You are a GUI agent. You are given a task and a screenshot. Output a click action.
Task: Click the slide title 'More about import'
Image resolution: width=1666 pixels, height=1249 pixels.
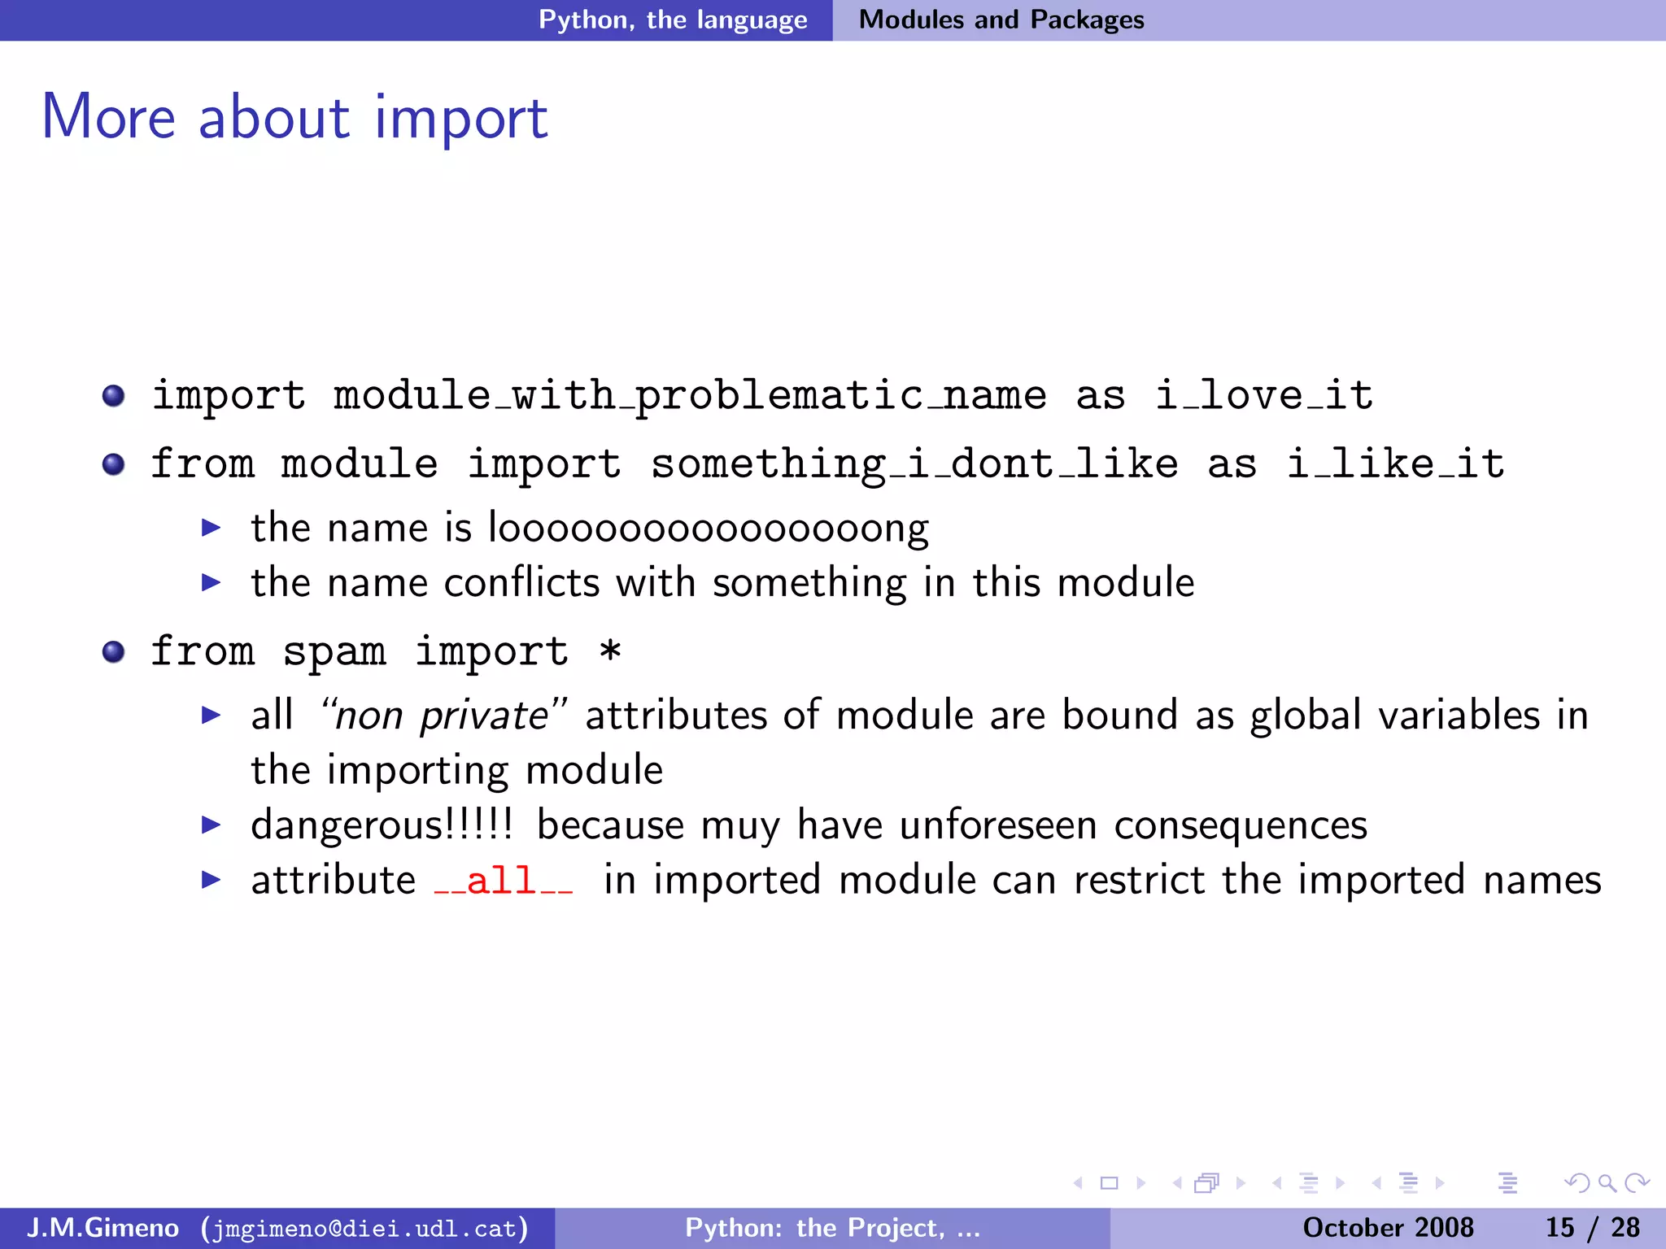[x=294, y=118]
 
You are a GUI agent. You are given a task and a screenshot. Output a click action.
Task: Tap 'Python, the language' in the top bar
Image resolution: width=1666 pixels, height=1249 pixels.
[x=673, y=20]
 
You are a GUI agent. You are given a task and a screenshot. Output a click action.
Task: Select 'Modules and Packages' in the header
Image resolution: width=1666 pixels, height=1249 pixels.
[x=1001, y=20]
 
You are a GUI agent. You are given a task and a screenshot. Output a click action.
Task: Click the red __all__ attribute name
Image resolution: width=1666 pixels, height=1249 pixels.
[x=503, y=881]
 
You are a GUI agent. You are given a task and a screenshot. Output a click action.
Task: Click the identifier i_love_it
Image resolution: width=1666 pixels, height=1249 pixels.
[x=1264, y=396]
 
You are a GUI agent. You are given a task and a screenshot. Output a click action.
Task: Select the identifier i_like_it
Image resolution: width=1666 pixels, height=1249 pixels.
[x=1395, y=464]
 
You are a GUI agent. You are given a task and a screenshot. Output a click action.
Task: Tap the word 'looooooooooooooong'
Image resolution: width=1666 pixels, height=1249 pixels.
[x=708, y=529]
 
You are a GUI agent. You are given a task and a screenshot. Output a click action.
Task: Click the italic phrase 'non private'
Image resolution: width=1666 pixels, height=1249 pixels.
[x=442, y=716]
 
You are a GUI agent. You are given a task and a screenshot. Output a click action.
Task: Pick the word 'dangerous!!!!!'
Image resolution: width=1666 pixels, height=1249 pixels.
[x=382, y=825]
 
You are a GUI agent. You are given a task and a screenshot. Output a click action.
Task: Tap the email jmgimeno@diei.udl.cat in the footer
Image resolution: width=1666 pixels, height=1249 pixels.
[x=364, y=1228]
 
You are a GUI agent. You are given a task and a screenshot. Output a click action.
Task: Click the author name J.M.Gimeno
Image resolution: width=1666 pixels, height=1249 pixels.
[x=102, y=1227]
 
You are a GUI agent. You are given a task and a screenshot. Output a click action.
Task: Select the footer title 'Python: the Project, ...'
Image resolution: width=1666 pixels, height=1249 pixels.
[x=832, y=1227]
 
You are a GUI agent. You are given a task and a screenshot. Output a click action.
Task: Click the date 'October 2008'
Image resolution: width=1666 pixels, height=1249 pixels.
[x=1388, y=1227]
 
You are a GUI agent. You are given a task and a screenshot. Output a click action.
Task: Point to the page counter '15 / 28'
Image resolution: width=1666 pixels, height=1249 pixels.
[x=1592, y=1227]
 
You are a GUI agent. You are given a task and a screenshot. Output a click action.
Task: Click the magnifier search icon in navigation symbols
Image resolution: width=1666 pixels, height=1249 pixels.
[x=1607, y=1183]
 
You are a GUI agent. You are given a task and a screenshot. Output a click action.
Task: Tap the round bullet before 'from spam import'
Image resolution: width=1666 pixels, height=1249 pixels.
[x=113, y=652]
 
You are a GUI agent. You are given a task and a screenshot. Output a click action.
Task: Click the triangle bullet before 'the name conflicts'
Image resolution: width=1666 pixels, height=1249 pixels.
[x=211, y=582]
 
